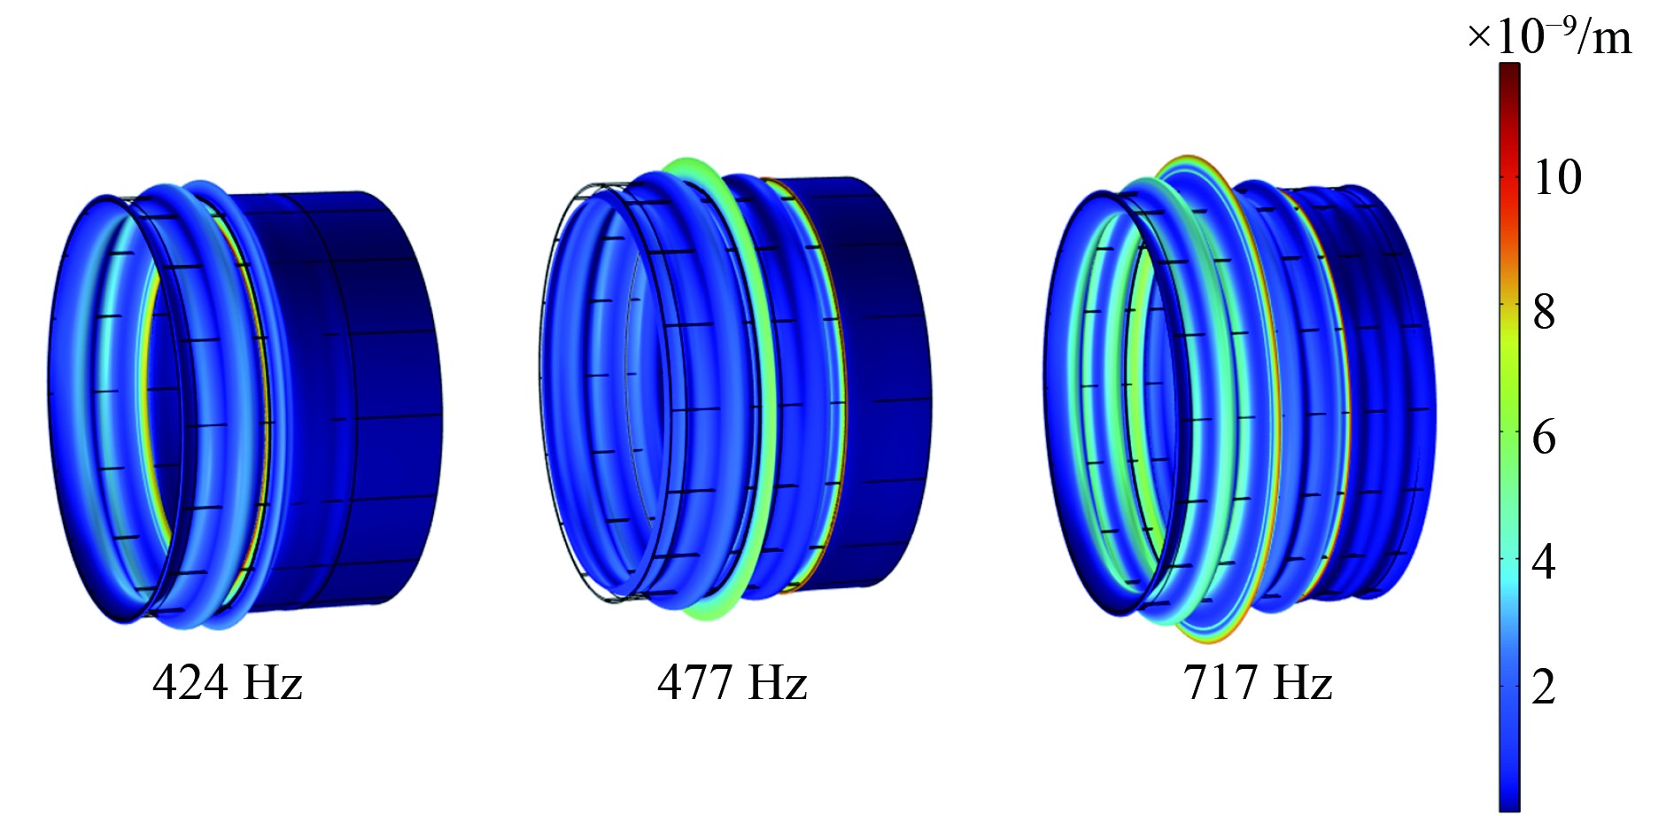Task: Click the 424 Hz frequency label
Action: pos(228,683)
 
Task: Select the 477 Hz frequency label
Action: pos(732,683)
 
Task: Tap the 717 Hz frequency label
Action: pos(1258,683)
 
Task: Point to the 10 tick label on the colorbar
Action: pos(1557,177)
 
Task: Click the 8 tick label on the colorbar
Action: pos(1545,312)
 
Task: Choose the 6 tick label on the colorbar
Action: pos(1545,437)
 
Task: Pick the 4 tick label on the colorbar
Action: pos(1545,562)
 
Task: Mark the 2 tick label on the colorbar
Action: pos(1545,687)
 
